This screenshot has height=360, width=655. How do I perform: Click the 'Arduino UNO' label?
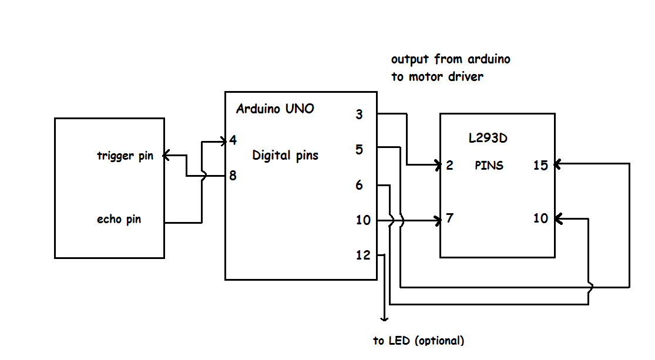(x=275, y=109)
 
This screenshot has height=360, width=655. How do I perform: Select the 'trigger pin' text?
(x=125, y=156)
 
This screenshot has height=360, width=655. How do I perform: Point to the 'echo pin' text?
(x=119, y=220)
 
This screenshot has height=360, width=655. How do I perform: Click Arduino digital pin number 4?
(x=233, y=141)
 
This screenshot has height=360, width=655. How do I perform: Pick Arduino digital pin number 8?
(x=233, y=176)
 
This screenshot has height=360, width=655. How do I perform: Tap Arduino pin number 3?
(x=359, y=115)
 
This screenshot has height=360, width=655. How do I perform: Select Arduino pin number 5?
(x=359, y=150)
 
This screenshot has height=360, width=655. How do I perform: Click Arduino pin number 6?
(x=359, y=186)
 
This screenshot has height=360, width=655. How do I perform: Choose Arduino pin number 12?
(x=363, y=255)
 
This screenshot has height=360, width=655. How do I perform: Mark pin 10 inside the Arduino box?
(x=363, y=220)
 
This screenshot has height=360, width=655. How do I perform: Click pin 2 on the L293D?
(x=449, y=165)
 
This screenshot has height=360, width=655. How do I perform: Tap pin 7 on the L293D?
(x=449, y=218)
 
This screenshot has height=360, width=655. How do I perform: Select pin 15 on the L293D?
(x=540, y=165)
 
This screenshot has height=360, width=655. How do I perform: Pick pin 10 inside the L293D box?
(x=540, y=218)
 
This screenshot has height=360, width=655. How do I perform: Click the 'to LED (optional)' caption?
(x=418, y=341)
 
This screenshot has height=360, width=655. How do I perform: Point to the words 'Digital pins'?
(x=285, y=156)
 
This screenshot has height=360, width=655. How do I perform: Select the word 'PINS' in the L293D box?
(x=489, y=166)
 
